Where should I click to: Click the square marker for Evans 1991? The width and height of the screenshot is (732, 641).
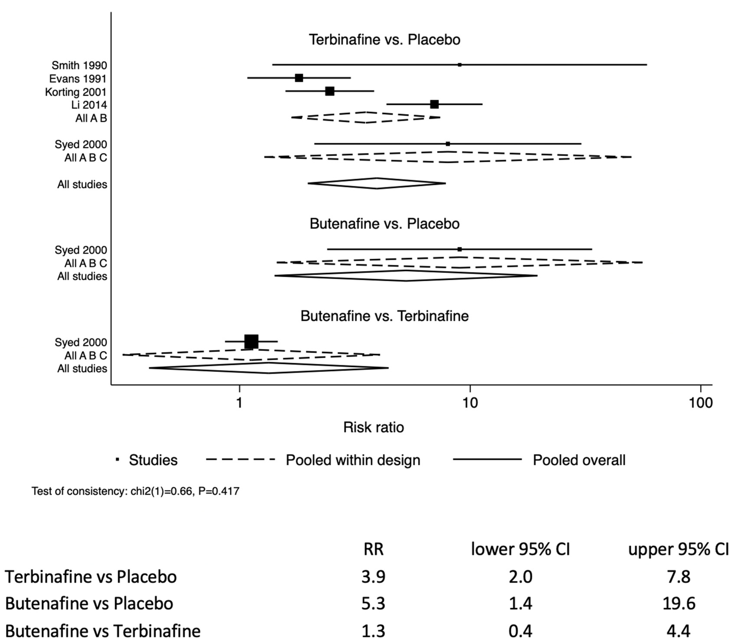pos(299,78)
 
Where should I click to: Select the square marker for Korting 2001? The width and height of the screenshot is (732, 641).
pos(330,91)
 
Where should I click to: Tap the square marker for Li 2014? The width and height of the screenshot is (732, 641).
pos(434,104)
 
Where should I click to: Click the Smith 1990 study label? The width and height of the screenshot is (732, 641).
pos(79,65)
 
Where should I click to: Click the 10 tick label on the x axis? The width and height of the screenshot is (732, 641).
pos(470,403)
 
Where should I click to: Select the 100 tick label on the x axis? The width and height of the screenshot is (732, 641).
pos(700,403)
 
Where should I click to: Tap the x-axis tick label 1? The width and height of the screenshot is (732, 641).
pos(239,403)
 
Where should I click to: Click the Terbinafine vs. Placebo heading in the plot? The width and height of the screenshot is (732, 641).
pos(384,40)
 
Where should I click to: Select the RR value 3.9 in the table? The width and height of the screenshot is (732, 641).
pos(373,577)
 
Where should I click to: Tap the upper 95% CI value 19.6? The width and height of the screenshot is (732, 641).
pos(678,603)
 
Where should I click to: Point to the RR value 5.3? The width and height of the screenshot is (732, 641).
pos(373,603)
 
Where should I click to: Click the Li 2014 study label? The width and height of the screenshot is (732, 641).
pos(89,105)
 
